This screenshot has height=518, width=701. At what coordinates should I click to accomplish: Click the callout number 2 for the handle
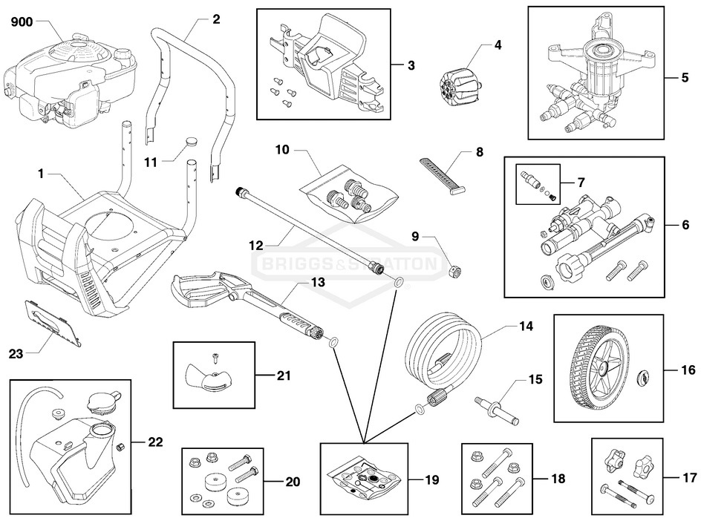point(216,20)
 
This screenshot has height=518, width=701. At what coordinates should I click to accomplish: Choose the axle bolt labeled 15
point(497,407)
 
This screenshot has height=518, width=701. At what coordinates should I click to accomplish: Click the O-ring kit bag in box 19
point(363,476)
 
